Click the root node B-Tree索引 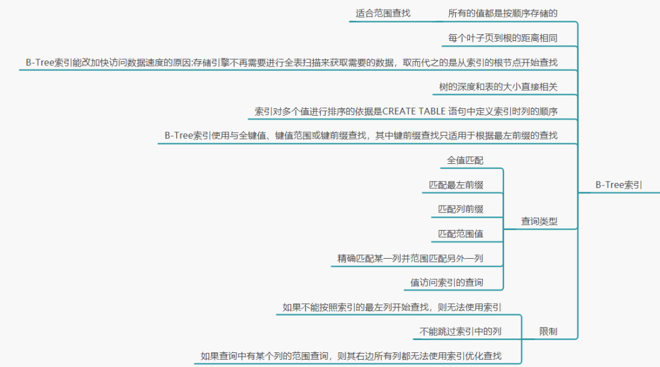click(x=618, y=185)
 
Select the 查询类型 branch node click(x=539, y=221)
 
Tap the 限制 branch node click(x=548, y=332)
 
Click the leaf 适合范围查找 click(x=383, y=13)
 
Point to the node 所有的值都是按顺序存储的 click(x=502, y=13)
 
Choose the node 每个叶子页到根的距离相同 click(x=502, y=38)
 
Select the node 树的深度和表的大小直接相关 click(x=498, y=87)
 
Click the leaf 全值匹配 click(x=465, y=160)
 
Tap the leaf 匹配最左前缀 click(x=456, y=185)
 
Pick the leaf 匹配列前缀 click(x=460, y=209)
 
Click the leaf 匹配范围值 click(x=460, y=234)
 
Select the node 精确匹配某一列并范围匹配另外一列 click(x=410, y=258)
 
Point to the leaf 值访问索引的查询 click(x=447, y=283)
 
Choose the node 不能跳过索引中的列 click(x=460, y=332)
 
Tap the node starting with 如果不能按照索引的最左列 click(x=392, y=307)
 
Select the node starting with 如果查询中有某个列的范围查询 click(x=351, y=355)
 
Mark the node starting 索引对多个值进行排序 click(x=406, y=111)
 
